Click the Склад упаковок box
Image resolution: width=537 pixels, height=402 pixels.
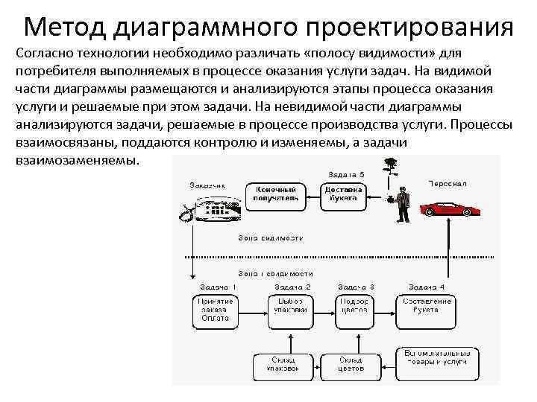tap(281, 363)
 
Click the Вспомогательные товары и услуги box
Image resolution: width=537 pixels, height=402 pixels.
tap(436, 357)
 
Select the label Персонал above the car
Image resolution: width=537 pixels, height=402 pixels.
tap(448, 182)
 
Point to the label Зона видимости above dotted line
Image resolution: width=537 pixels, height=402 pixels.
tap(271, 238)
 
